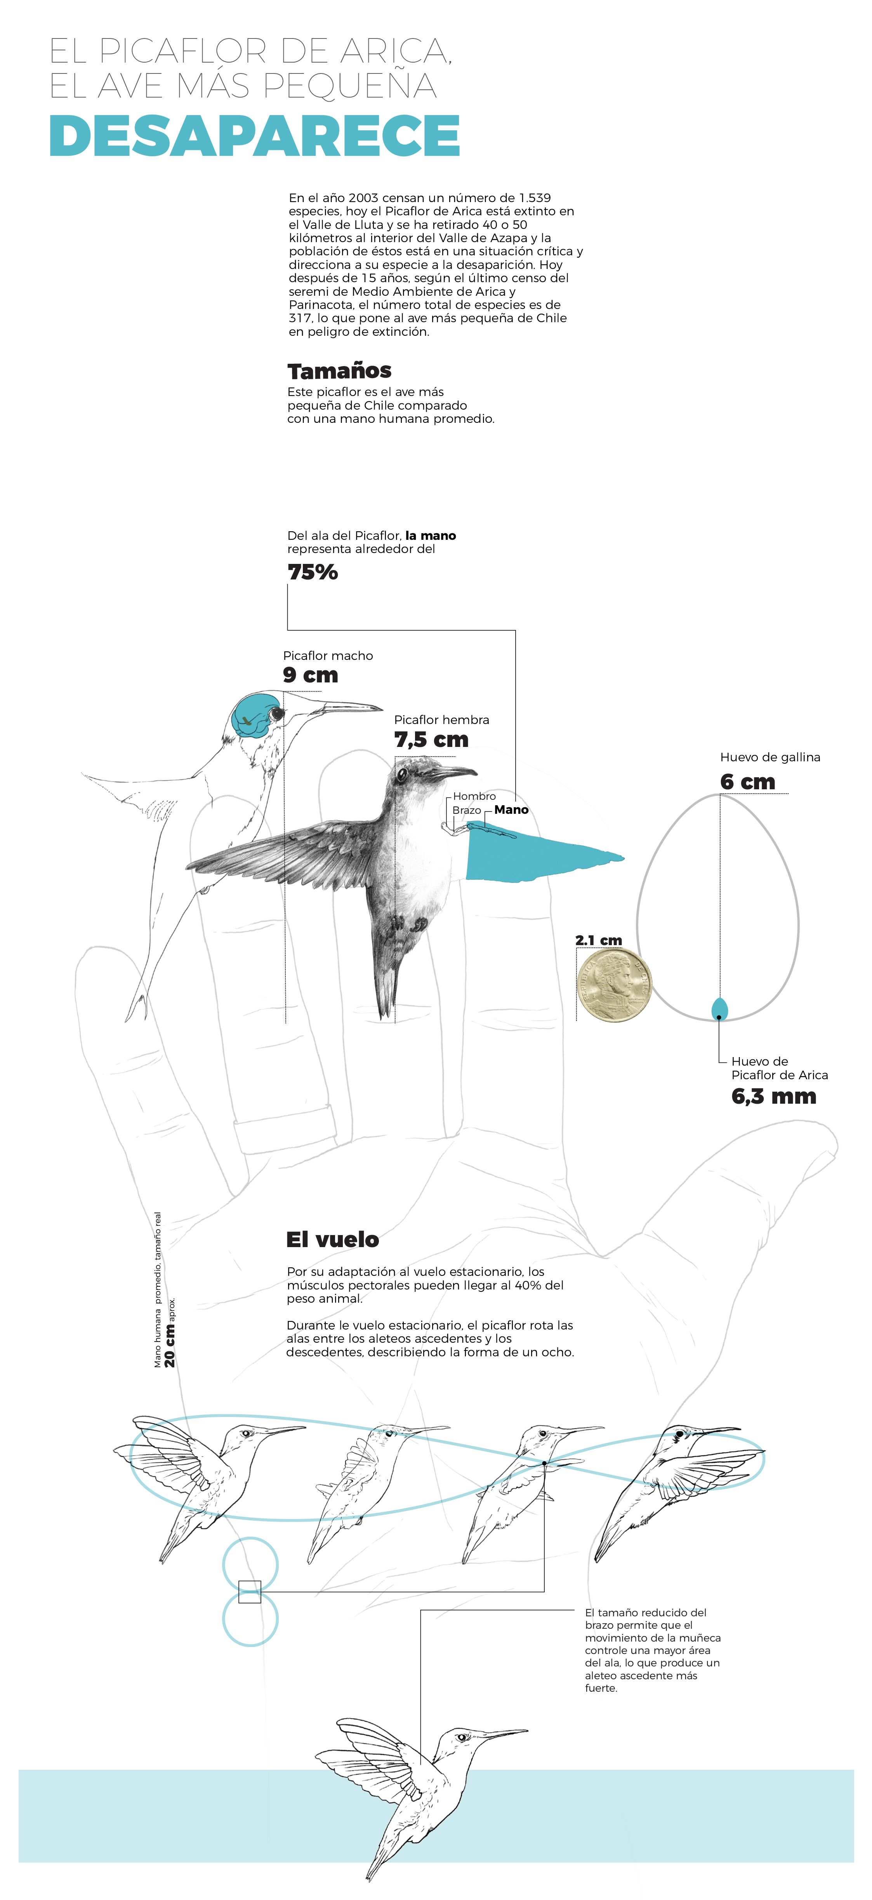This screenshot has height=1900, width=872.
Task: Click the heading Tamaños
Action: pyautogui.click(x=339, y=371)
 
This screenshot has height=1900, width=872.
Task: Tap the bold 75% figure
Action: pyautogui.click(x=313, y=572)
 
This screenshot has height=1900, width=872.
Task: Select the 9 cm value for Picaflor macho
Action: pyautogui.click(x=310, y=675)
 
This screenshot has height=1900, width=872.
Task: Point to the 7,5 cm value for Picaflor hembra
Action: pyautogui.click(x=431, y=740)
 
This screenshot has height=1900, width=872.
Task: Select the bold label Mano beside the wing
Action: pyautogui.click(x=512, y=810)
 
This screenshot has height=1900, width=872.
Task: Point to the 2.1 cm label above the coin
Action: pyautogui.click(x=599, y=940)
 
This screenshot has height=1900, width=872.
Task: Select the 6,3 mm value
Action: pyautogui.click(x=773, y=1097)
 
